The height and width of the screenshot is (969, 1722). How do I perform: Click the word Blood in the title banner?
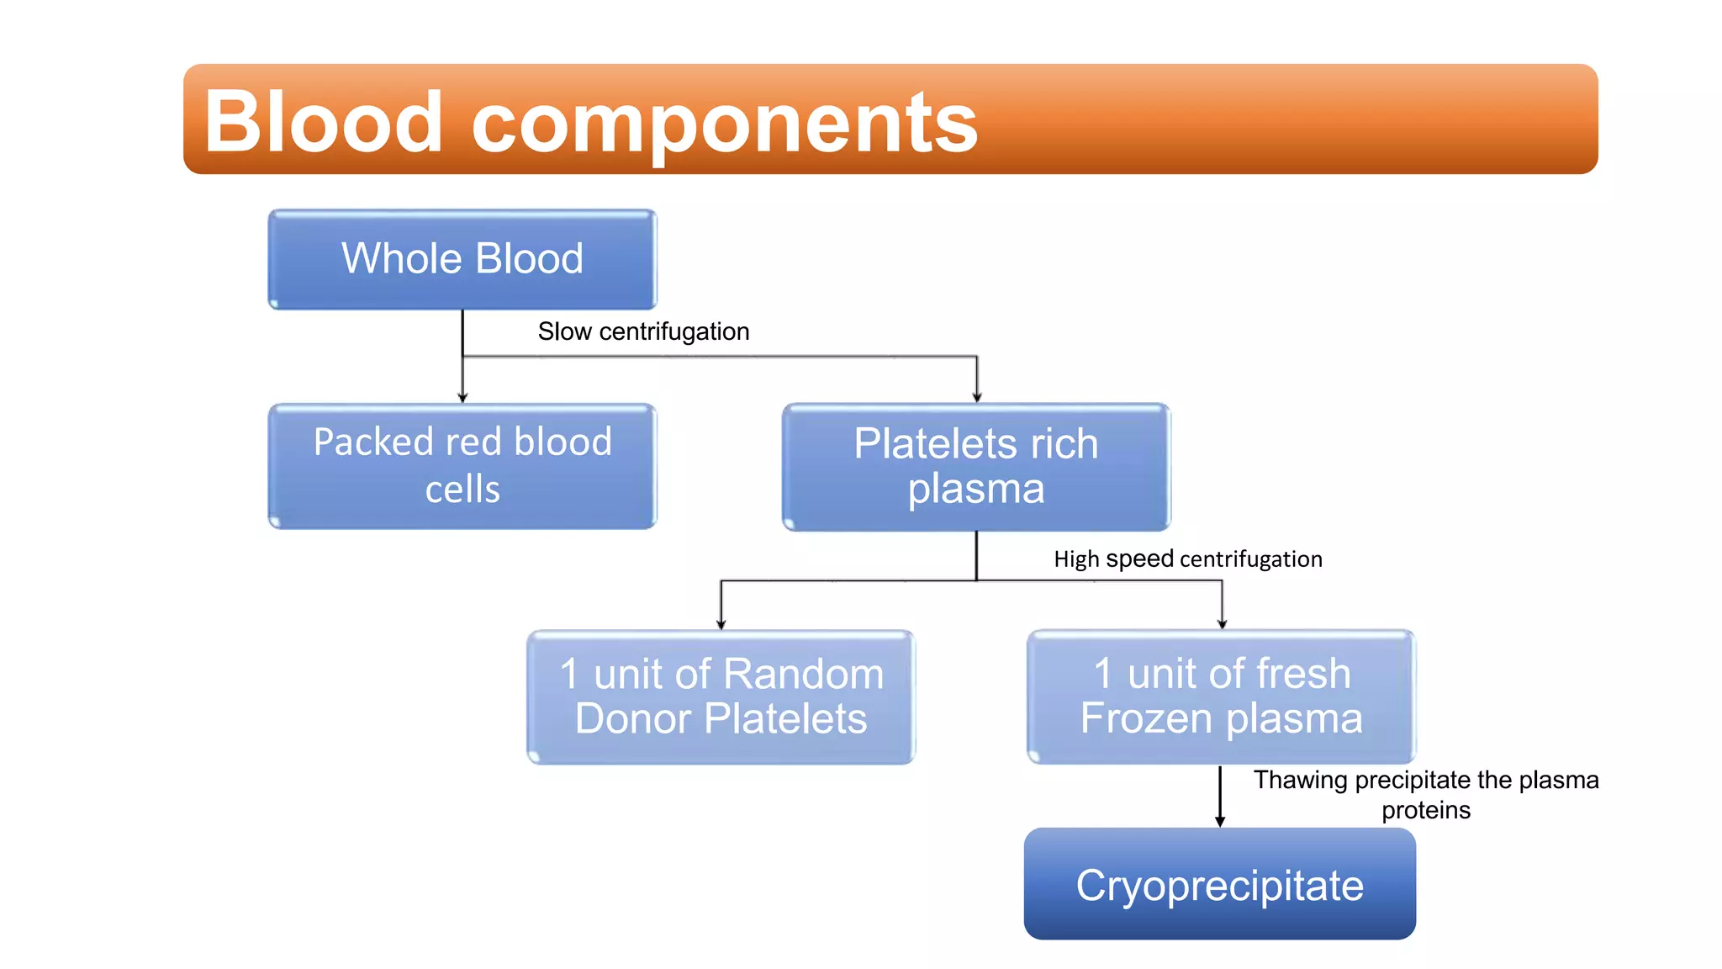(x=323, y=122)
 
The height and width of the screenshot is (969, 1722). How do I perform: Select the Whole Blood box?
(x=462, y=259)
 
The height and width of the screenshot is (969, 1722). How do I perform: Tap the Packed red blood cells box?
(x=462, y=466)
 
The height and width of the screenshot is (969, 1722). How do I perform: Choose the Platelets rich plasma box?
(x=975, y=467)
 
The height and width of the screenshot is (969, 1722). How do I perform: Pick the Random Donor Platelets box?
(x=721, y=696)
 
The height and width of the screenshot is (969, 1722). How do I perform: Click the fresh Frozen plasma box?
(x=1221, y=696)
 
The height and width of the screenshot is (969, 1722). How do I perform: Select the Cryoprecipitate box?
(x=1219, y=884)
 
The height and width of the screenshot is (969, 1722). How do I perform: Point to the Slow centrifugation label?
(x=643, y=331)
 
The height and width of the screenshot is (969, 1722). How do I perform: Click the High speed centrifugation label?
(x=1187, y=559)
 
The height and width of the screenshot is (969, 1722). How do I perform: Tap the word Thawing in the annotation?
(x=1300, y=780)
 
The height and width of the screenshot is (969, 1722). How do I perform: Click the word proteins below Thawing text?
(x=1425, y=810)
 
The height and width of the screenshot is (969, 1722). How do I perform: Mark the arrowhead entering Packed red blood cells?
(x=462, y=397)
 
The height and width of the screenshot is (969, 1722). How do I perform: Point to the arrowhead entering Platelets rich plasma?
(x=977, y=397)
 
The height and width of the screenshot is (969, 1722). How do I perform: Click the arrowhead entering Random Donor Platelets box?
(x=721, y=624)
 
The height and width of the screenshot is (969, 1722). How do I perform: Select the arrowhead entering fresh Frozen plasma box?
(x=1222, y=624)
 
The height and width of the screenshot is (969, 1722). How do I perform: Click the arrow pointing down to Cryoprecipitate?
(x=1220, y=819)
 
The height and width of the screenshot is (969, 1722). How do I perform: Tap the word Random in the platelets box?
(x=803, y=674)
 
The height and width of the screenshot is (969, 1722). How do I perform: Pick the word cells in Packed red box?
(x=462, y=490)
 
